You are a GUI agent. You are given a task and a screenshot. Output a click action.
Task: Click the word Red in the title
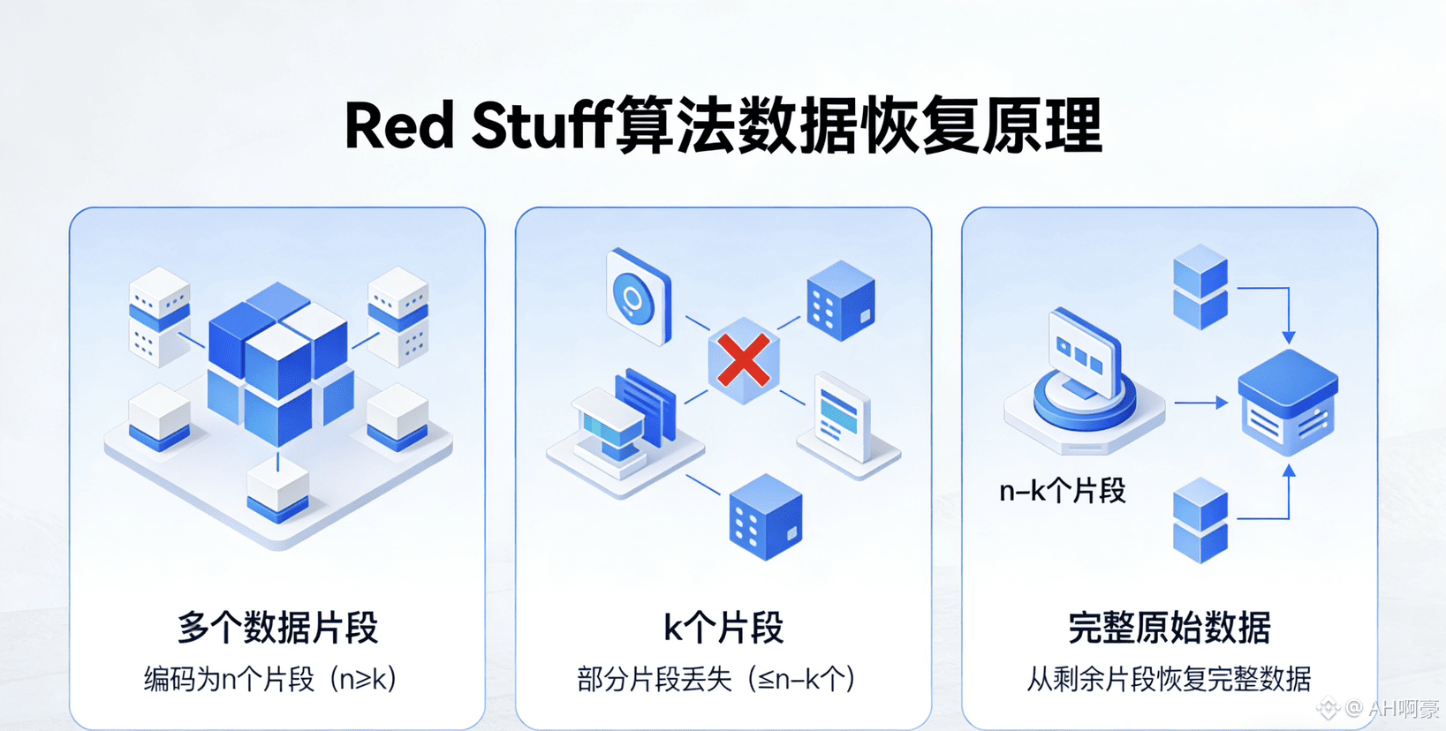click(x=398, y=126)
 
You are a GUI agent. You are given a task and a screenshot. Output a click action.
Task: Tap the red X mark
click(x=743, y=360)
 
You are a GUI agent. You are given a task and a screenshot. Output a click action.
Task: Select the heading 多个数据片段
click(x=277, y=628)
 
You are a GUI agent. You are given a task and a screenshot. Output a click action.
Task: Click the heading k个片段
click(x=723, y=628)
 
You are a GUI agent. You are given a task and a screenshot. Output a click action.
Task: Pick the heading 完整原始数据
click(x=1169, y=628)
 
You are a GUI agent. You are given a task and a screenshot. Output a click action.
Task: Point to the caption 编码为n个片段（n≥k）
click(x=270, y=679)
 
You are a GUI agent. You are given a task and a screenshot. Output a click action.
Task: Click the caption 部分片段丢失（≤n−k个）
click(x=715, y=679)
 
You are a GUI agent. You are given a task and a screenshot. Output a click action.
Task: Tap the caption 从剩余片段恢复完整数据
click(x=1169, y=679)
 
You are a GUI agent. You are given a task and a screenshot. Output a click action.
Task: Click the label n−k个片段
click(x=1062, y=491)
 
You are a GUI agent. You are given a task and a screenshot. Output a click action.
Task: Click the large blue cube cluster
click(x=279, y=362)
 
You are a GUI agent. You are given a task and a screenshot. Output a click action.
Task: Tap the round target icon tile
click(x=637, y=297)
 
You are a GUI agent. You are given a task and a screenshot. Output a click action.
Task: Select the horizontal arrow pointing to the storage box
click(x=1200, y=403)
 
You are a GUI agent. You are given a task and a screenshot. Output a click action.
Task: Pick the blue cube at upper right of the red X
click(x=840, y=300)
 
